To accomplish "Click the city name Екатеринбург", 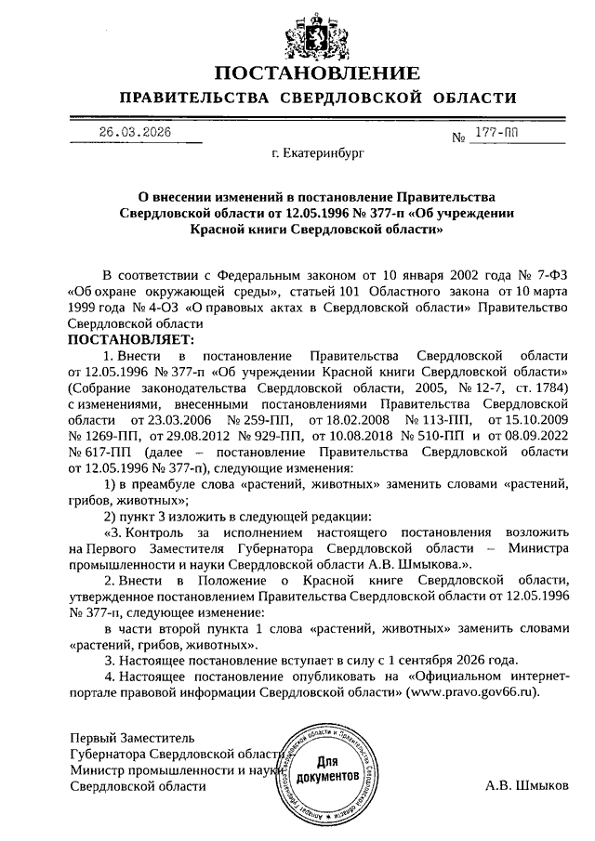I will (316, 151).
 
